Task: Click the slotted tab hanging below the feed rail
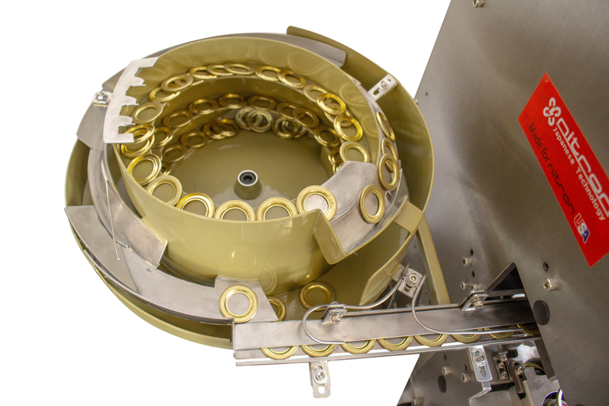(x=321, y=378)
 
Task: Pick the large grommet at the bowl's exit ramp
(x=239, y=304)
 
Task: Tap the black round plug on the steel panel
(x=541, y=312)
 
